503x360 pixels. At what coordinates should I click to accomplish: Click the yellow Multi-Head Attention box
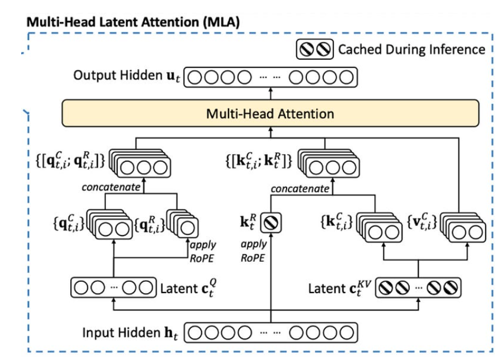click(270, 114)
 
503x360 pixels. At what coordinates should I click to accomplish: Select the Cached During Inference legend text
click(412, 49)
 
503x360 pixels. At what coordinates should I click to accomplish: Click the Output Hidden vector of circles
click(270, 78)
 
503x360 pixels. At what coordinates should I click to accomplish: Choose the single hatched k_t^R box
click(277, 224)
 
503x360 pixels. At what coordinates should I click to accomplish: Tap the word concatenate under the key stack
click(300, 189)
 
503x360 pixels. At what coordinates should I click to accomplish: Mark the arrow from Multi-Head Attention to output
click(270, 93)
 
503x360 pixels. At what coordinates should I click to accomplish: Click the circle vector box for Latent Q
click(112, 289)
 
